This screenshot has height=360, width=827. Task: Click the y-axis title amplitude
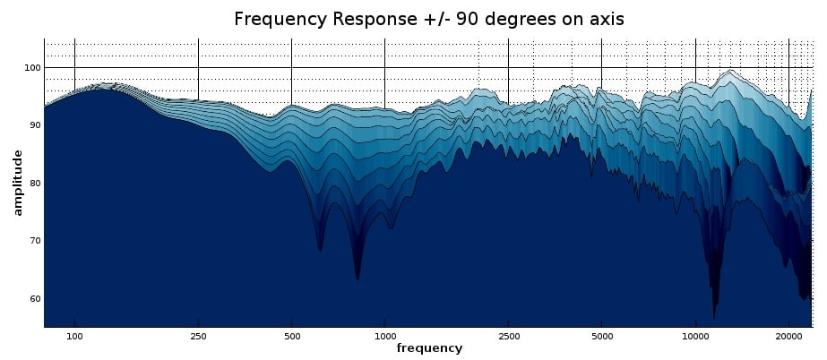(x=18, y=183)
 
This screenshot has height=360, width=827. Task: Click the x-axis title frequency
(x=429, y=347)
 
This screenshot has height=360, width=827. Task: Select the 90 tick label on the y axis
(x=31, y=125)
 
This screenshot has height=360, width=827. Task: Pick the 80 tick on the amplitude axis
(x=31, y=184)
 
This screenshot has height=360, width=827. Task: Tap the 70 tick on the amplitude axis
(x=31, y=241)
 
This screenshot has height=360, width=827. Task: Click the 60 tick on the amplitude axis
(x=31, y=298)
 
